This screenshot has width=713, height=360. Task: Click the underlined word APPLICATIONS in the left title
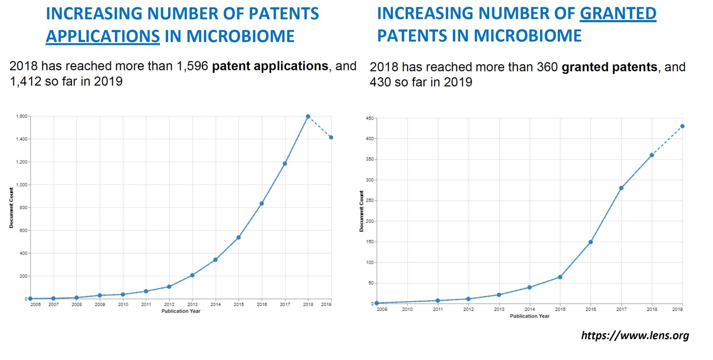click(103, 36)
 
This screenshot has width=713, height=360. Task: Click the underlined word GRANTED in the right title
click(618, 14)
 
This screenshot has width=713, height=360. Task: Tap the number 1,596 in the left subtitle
click(192, 66)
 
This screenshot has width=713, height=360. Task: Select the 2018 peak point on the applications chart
click(308, 117)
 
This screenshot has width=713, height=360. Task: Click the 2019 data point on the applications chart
click(331, 138)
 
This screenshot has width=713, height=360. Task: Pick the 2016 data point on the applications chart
click(261, 204)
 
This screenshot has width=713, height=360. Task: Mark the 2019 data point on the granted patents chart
click(682, 126)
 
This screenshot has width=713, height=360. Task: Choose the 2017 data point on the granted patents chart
click(621, 188)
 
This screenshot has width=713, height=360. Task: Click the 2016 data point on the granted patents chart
click(591, 242)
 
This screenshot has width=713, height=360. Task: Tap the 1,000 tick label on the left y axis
click(22, 185)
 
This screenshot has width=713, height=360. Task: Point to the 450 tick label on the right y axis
click(369, 119)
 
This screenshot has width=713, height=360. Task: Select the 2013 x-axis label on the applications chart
click(193, 305)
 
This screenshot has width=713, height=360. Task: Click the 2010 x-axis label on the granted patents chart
click(407, 309)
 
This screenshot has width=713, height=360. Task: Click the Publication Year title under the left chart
click(181, 311)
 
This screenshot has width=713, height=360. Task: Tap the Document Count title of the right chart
click(361, 211)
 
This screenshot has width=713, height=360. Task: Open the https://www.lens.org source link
click(635, 336)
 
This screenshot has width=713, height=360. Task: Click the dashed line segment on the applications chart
click(320, 127)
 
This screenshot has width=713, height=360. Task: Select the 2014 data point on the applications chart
click(216, 260)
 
